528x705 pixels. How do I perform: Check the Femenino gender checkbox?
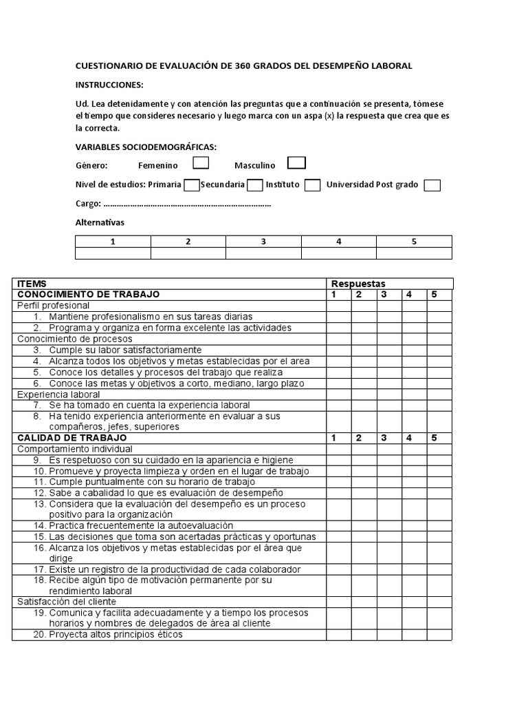coord(201,163)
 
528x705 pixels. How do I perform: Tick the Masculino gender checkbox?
coord(296,163)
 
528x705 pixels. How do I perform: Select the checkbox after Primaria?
coord(192,185)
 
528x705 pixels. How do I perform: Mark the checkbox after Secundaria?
coord(254,185)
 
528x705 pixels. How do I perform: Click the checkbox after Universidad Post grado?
coord(432,185)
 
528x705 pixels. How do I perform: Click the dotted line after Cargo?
coord(186,204)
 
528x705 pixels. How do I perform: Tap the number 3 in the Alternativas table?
coord(263,242)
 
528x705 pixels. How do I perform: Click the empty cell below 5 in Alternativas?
coord(414,253)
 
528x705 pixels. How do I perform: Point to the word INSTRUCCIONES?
coord(109,85)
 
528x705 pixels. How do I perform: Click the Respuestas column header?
coord(358,284)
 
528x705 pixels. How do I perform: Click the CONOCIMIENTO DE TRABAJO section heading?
coord(88,295)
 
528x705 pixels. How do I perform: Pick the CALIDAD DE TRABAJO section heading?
coord(71,438)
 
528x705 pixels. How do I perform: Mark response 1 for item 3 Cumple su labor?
coord(338,350)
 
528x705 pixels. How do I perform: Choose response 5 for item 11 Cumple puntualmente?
coord(439,482)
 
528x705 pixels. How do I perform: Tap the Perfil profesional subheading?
coord(53,306)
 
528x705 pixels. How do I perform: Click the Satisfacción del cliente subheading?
coord(67,602)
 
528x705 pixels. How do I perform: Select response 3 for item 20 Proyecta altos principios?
coord(389,635)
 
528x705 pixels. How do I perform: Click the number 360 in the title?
coord(244,66)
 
